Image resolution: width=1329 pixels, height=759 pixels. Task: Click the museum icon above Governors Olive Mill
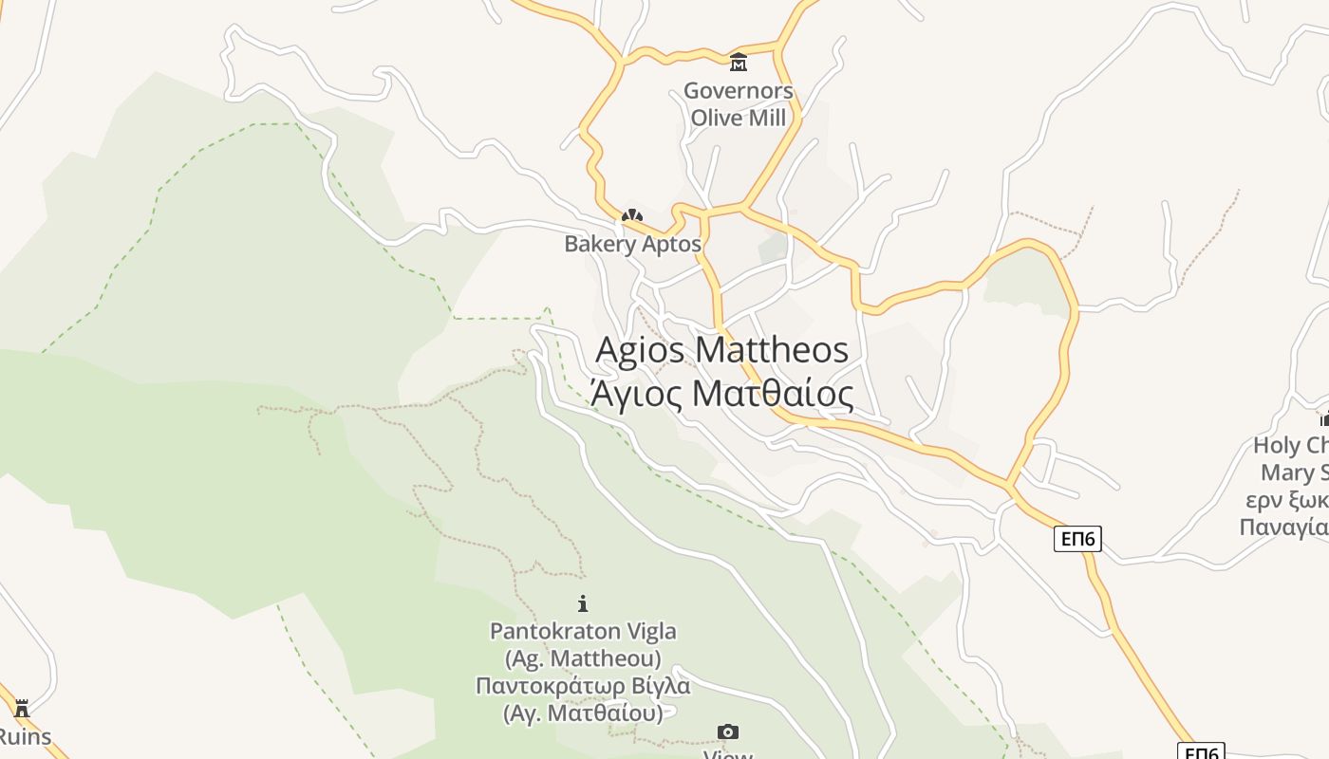[738, 63]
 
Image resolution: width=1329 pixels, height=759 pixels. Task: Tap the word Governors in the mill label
[738, 91]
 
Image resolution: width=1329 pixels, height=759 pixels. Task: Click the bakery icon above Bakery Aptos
[631, 216]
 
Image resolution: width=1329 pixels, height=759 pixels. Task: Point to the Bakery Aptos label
[632, 244]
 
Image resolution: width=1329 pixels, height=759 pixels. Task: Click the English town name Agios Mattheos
[721, 349]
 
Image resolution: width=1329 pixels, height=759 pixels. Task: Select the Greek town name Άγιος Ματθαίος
[721, 393]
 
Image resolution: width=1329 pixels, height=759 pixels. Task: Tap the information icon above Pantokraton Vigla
[583, 603]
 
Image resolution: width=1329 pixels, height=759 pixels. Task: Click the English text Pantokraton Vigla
[583, 631]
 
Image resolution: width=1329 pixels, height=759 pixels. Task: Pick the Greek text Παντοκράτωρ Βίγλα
[583, 685]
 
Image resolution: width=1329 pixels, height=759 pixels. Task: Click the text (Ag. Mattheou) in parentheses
[583, 657]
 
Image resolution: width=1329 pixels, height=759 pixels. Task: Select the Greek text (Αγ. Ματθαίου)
[583, 713]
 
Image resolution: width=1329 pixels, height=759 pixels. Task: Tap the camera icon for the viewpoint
[728, 731]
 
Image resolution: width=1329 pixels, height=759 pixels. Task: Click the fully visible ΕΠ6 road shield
[1077, 539]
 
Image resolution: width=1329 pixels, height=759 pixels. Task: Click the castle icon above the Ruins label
[22, 708]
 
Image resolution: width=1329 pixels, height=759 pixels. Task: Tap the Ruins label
[25, 736]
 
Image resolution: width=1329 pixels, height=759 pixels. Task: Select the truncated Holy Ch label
[1290, 445]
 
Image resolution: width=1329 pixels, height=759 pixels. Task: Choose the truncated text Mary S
[1293, 472]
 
